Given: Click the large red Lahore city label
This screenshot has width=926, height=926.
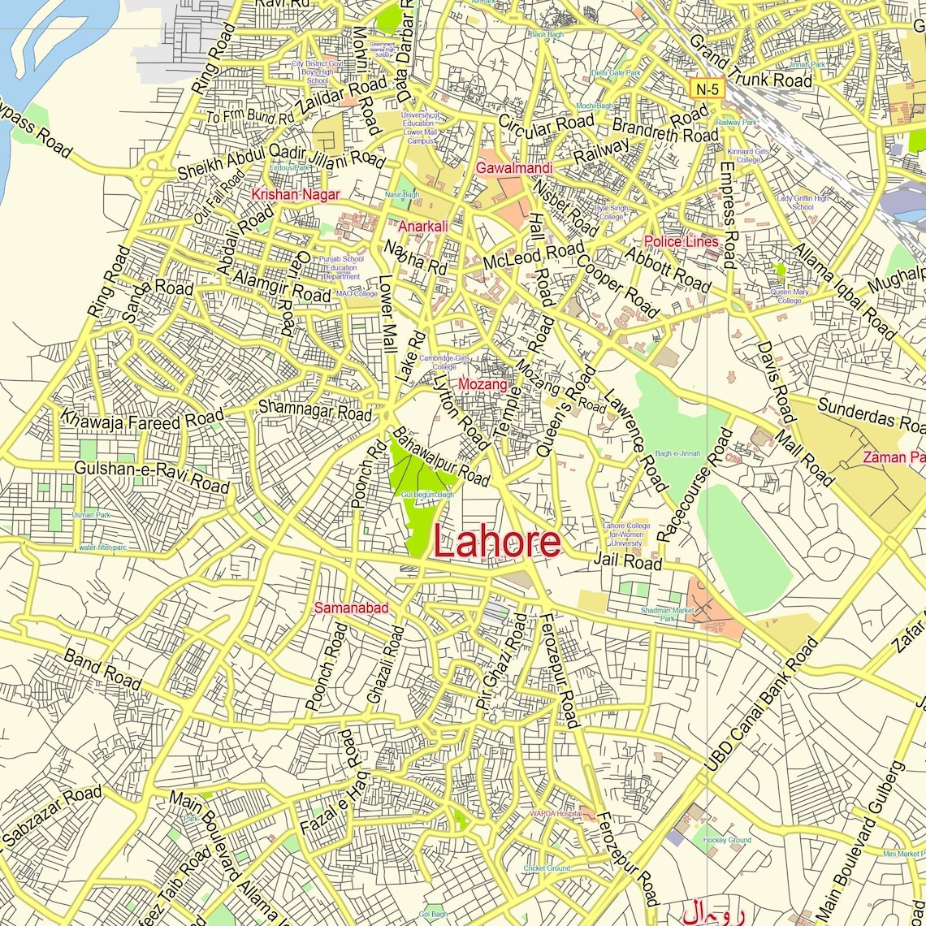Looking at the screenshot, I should tap(496, 542).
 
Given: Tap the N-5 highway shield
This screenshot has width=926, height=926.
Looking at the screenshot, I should tap(706, 89).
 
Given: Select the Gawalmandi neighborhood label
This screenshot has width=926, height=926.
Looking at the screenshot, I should tap(514, 168).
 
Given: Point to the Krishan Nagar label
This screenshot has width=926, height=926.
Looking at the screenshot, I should tap(295, 195).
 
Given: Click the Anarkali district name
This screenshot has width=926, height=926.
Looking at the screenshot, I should tap(422, 227).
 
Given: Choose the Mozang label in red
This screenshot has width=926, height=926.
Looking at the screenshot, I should tap(482, 384).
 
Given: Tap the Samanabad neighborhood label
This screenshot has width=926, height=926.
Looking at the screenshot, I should tap(351, 608).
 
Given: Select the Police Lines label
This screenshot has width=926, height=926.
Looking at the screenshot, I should tap(681, 241).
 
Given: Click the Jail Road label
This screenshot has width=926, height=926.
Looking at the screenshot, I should tap(627, 560).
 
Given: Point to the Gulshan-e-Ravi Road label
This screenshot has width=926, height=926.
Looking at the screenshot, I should tap(152, 477).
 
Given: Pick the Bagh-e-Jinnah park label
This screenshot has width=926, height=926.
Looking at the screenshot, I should tap(677, 454).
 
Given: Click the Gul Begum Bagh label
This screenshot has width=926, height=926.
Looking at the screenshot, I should tap(427, 495).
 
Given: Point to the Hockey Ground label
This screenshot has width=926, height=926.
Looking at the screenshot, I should tap(726, 840).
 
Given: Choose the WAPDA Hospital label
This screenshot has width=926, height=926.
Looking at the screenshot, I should tap(556, 813).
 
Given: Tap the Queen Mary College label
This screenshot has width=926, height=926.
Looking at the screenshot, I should tap(789, 296).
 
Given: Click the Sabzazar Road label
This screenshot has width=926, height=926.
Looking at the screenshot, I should tap(52, 816).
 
